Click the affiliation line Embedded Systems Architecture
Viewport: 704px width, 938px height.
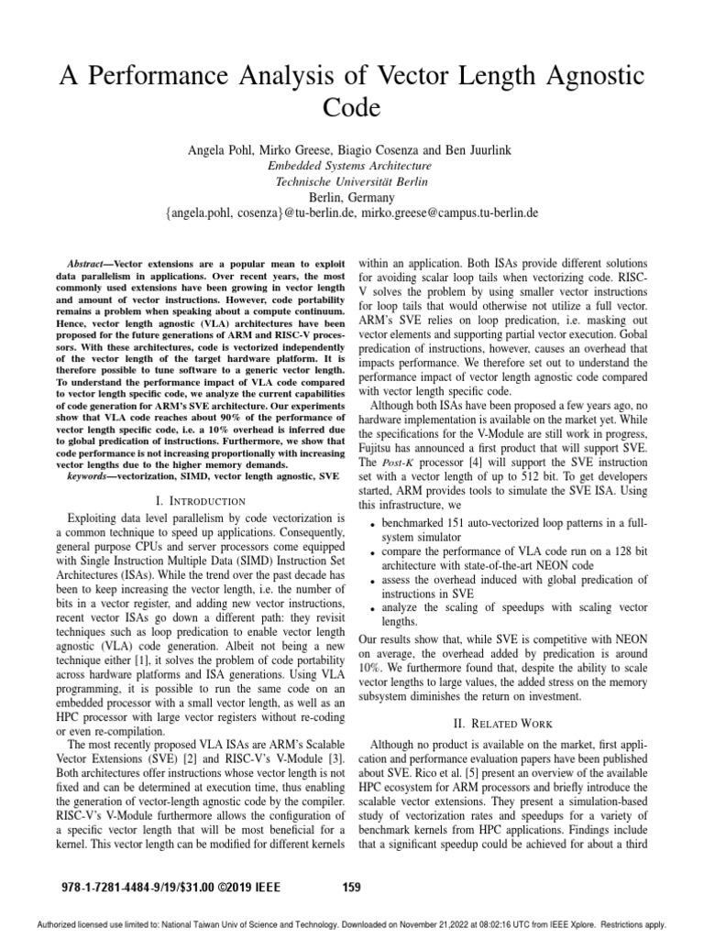351,166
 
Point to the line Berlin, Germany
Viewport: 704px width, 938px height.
351,197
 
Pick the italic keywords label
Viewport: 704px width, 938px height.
92,476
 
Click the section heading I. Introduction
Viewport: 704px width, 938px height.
201,500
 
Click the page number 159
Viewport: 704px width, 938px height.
351,886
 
